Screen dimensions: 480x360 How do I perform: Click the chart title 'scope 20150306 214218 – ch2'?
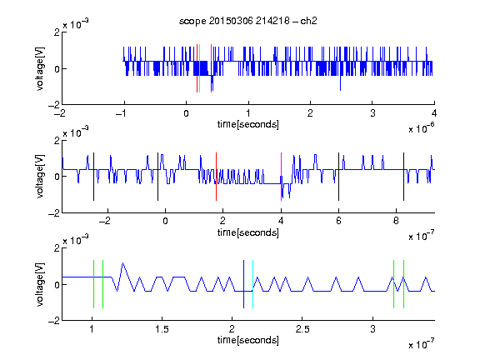[248, 21]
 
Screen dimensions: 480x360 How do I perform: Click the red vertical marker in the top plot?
[197, 68]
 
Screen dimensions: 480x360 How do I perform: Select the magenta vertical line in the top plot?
[211, 68]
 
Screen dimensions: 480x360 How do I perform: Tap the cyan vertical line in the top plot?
[200, 68]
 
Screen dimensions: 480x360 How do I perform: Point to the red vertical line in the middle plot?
[216, 177]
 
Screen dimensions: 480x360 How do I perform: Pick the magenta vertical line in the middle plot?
[281, 177]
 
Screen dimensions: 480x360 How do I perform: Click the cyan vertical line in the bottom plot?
[252, 284]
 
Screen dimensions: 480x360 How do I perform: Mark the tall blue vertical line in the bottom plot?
[243, 284]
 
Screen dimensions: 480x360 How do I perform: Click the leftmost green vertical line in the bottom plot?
[93, 284]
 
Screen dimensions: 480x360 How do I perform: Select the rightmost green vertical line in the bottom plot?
[404, 284]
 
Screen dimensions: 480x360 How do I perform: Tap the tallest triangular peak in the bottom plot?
[122, 263]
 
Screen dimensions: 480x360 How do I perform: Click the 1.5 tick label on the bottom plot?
[162, 329]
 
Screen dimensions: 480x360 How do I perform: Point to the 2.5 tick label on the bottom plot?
[302, 329]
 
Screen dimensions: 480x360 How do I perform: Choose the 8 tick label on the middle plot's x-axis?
[396, 221]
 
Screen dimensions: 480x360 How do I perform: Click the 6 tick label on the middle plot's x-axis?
[338, 221]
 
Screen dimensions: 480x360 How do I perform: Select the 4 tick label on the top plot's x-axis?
[434, 113]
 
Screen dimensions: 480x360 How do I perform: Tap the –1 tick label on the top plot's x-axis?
[122, 113]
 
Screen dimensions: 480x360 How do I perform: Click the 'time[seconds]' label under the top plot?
[248, 124]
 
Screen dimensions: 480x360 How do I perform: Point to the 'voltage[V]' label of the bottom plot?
[40, 284]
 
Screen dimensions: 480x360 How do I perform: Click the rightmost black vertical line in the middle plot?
[403, 177]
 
